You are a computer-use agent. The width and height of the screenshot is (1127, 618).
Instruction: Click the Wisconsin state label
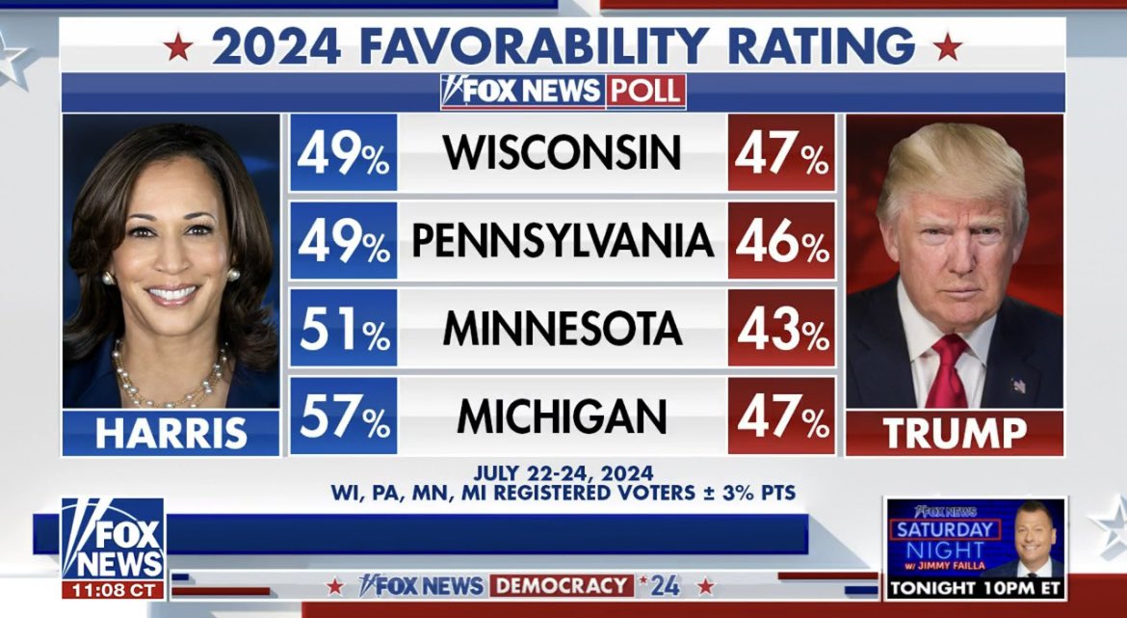[x=562, y=152]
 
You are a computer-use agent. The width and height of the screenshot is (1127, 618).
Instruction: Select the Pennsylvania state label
[x=562, y=241]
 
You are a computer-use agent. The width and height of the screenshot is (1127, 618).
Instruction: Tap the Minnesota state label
[x=562, y=329]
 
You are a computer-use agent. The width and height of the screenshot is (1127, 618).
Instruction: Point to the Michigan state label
[x=562, y=416]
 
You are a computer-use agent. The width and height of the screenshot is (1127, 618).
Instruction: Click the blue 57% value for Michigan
[x=343, y=416]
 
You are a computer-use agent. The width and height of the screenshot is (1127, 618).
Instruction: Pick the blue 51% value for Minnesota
[x=343, y=329]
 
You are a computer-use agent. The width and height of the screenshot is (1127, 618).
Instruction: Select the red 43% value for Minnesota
[x=781, y=329]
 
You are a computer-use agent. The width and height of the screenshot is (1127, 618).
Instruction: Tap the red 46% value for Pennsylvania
[x=781, y=241]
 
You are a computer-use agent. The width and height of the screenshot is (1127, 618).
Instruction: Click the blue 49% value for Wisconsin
[x=343, y=152]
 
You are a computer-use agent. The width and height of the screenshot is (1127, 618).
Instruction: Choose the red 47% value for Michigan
[x=781, y=416]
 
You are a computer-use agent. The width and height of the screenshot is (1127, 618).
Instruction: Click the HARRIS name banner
[x=170, y=433]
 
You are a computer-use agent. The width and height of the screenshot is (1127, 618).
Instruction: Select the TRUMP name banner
[x=955, y=433]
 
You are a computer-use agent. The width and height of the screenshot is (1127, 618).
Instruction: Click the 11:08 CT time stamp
[x=113, y=588]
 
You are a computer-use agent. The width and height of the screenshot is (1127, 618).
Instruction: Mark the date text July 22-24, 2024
[x=563, y=473]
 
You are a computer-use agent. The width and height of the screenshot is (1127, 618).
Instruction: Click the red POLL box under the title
[x=645, y=91]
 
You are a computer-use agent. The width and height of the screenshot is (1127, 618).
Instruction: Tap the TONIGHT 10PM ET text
[x=975, y=587]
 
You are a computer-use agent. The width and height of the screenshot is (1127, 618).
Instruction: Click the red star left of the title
[x=177, y=46]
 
